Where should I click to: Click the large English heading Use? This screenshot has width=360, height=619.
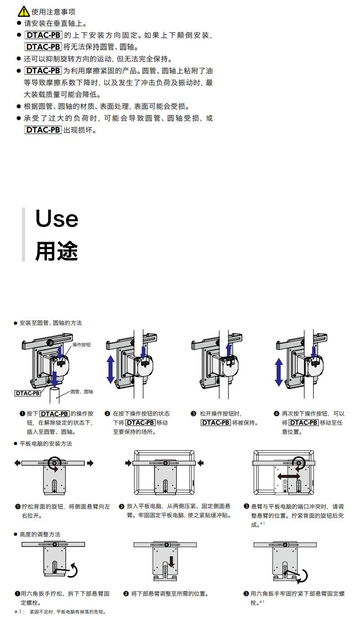[x=57, y=219]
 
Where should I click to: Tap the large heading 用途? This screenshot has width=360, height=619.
[x=57, y=251]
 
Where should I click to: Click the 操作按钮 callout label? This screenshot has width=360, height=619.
[x=82, y=345]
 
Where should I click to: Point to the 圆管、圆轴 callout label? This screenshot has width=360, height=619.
[x=82, y=392]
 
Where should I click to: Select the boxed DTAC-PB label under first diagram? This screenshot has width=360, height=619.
[x=27, y=393]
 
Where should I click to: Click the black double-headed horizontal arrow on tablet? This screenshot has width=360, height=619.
[x=289, y=476]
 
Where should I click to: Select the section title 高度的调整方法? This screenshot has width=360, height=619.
[x=40, y=534]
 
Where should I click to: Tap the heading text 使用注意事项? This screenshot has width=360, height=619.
[x=53, y=12]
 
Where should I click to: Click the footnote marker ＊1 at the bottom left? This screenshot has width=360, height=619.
[x=19, y=612]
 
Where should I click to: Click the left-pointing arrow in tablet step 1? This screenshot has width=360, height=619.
[x=17, y=463]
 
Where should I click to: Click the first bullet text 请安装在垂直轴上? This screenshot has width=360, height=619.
[x=55, y=23]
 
